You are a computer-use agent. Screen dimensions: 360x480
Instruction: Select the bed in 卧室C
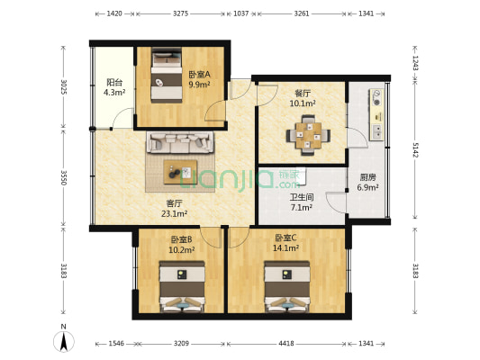click(286, 286)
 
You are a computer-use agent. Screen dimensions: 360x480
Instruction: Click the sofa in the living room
click(180, 142)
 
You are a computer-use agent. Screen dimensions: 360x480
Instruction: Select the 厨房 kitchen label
click(367, 177)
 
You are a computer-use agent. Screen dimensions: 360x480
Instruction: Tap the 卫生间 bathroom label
click(301, 197)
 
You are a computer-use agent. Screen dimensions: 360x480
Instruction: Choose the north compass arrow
click(64, 339)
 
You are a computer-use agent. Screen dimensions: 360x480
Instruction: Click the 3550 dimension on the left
click(63, 177)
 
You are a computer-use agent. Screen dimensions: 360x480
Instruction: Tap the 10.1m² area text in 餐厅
click(303, 103)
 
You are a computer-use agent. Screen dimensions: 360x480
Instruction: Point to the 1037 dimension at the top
click(240, 14)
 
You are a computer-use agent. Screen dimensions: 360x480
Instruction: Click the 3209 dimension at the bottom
click(181, 344)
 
